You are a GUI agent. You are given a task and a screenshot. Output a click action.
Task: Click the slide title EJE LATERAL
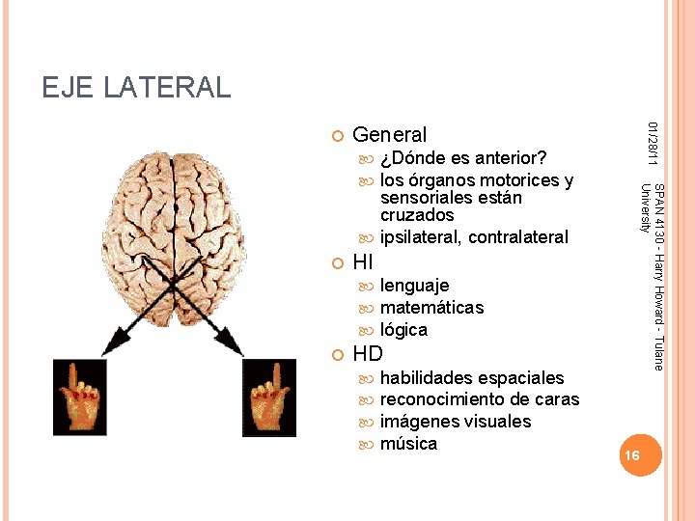tap(136, 88)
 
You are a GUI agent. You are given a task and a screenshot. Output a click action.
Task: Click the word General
tap(390, 135)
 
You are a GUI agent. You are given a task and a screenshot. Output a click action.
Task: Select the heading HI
tap(363, 261)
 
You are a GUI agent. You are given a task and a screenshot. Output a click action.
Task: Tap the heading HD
tap(368, 353)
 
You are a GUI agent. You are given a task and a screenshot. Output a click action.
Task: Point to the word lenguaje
tap(414, 286)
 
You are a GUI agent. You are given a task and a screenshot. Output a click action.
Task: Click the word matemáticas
tap(431, 308)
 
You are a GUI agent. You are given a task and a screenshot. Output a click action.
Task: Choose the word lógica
tap(403, 330)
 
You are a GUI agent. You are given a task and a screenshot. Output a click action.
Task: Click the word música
tap(408, 444)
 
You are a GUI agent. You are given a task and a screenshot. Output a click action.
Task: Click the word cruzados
tap(417, 215)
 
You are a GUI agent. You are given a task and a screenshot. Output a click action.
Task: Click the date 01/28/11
tap(652, 142)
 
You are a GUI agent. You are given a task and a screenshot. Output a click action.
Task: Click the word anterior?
tap(512, 158)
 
